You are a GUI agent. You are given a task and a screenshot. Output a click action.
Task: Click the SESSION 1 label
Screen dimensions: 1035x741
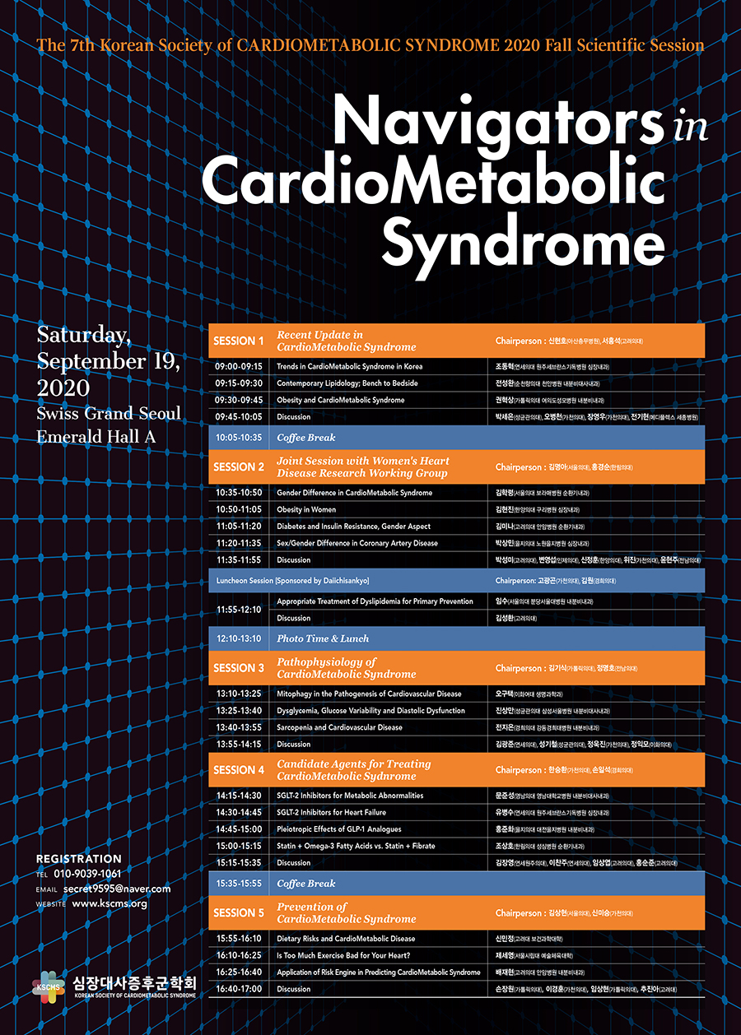(239, 341)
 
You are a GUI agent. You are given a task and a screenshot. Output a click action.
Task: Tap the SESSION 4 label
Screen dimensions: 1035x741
(239, 770)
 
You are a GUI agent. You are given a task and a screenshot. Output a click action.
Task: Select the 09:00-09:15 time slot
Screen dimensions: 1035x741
(238, 366)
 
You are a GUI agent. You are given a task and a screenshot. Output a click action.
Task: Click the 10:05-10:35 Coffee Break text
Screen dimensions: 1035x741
(306, 438)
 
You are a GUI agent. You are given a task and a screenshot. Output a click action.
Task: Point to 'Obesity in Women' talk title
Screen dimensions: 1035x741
(306, 509)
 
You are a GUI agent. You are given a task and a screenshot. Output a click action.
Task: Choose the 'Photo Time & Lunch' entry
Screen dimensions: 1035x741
(323, 638)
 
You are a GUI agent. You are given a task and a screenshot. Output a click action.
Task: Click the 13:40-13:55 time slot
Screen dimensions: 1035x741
(239, 727)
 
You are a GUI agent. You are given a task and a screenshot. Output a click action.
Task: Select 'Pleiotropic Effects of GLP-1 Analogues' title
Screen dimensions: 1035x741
(339, 828)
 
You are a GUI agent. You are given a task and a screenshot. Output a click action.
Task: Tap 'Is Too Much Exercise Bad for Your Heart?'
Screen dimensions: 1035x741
(343, 955)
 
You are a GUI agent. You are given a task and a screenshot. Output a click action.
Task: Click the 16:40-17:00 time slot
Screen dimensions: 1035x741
(239, 989)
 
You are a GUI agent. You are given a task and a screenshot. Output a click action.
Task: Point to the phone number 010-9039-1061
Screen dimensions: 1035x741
(87, 874)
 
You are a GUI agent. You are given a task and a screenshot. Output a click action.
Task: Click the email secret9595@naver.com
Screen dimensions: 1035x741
(117, 889)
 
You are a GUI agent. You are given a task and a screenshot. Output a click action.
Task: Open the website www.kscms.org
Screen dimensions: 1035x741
(110, 903)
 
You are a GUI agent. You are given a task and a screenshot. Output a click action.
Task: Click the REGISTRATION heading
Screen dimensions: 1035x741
(78, 859)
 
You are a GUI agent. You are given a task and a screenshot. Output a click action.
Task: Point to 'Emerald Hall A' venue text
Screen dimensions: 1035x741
(96, 437)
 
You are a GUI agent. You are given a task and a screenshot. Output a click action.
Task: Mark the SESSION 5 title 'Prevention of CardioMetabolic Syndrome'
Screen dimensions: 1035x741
(335, 912)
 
